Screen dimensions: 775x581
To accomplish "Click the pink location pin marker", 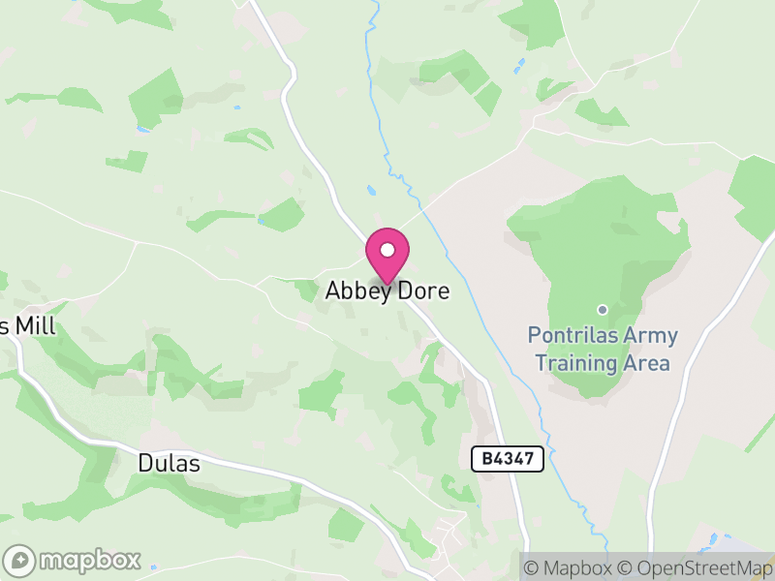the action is pyautogui.click(x=387, y=255).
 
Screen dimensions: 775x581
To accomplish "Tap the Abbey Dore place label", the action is pyautogui.click(x=387, y=290).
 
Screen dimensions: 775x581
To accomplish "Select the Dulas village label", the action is pyautogui.click(x=170, y=464).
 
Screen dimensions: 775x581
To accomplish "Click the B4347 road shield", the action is pyautogui.click(x=508, y=459).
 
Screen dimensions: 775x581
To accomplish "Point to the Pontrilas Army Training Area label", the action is pyautogui.click(x=603, y=350).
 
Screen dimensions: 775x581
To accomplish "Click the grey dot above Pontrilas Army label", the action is pyautogui.click(x=603, y=310).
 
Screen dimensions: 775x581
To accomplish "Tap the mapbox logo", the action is pyautogui.click(x=74, y=560).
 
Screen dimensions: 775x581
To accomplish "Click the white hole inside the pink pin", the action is pyautogui.click(x=387, y=250).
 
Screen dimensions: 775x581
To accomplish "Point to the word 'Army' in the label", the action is pyautogui.click(x=651, y=336).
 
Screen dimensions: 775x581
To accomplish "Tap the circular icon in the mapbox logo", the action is pyautogui.click(x=19, y=560).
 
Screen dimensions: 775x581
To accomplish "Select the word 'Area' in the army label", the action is pyautogui.click(x=647, y=364).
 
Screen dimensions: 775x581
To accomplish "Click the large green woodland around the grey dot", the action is pyautogui.click(x=620, y=242).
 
